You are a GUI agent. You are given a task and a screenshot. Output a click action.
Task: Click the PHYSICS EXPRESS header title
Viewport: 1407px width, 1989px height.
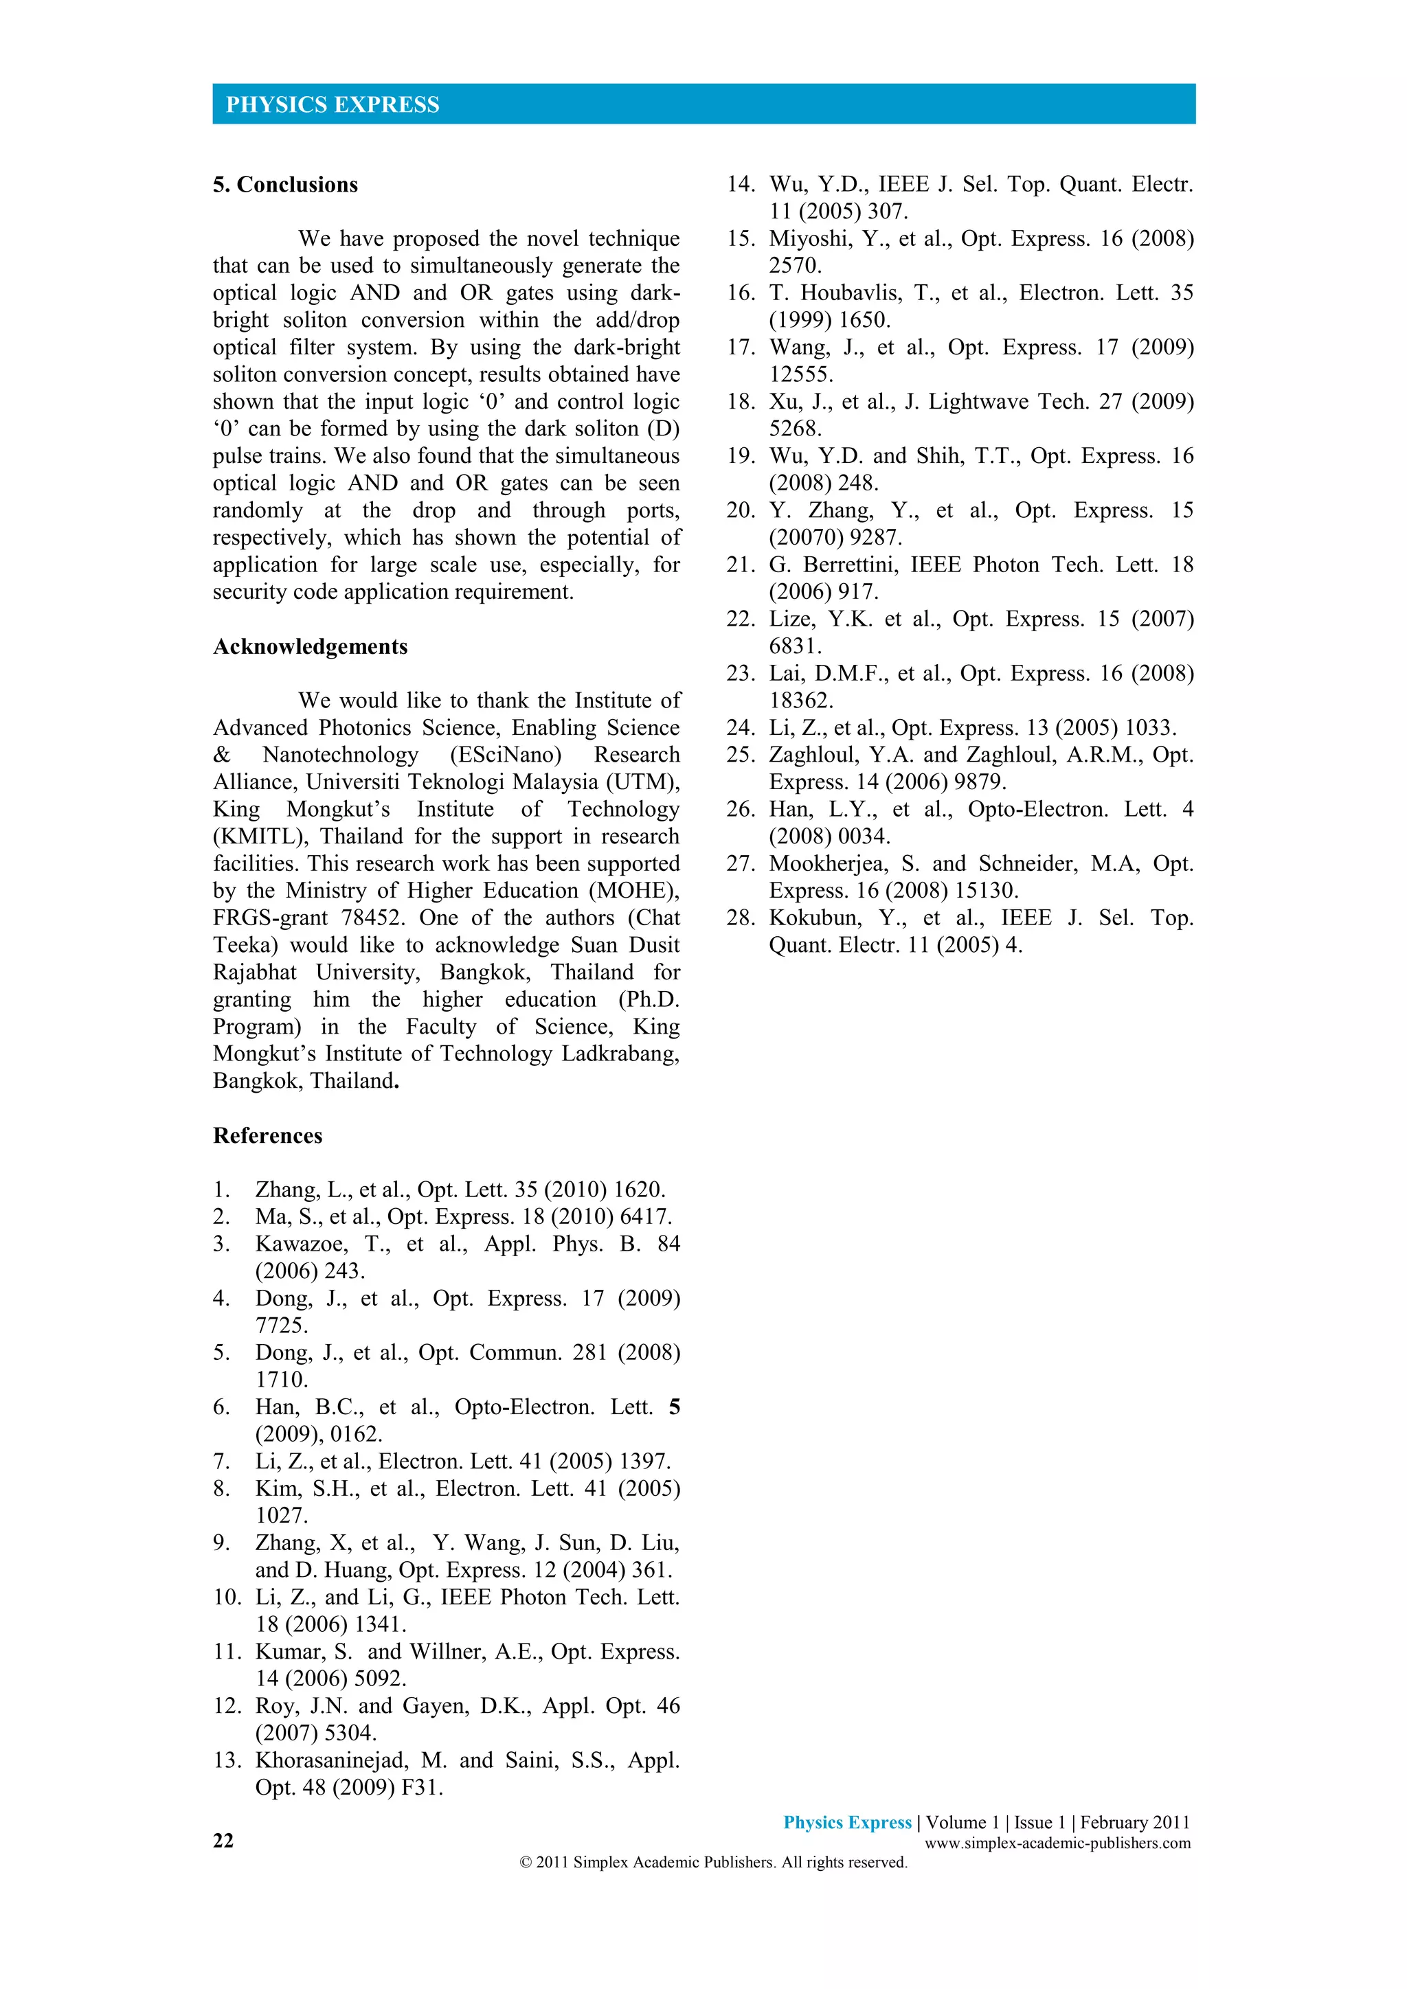pyautogui.click(x=333, y=105)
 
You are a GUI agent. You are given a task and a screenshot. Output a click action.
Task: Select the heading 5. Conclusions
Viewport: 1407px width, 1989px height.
pyautogui.click(x=285, y=185)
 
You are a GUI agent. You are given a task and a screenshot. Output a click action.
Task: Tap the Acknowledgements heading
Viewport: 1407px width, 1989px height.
pyautogui.click(x=310, y=646)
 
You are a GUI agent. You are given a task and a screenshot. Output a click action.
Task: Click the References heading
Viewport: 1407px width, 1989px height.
pyautogui.click(x=268, y=1136)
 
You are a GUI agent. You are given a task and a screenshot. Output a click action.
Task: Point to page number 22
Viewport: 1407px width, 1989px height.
pyautogui.click(x=223, y=1840)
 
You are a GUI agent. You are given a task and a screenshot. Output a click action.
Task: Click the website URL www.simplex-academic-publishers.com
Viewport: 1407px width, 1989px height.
pyautogui.click(x=1057, y=1843)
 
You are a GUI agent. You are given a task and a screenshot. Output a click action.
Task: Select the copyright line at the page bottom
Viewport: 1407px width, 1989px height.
pyautogui.click(x=713, y=1863)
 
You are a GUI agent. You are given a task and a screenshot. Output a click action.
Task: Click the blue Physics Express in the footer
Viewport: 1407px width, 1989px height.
pyautogui.click(x=847, y=1823)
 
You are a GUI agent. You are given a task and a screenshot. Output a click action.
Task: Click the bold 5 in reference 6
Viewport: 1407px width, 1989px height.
pyautogui.click(x=674, y=1407)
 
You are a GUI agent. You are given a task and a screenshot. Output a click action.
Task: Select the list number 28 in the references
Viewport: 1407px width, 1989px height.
pyautogui.click(x=741, y=918)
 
